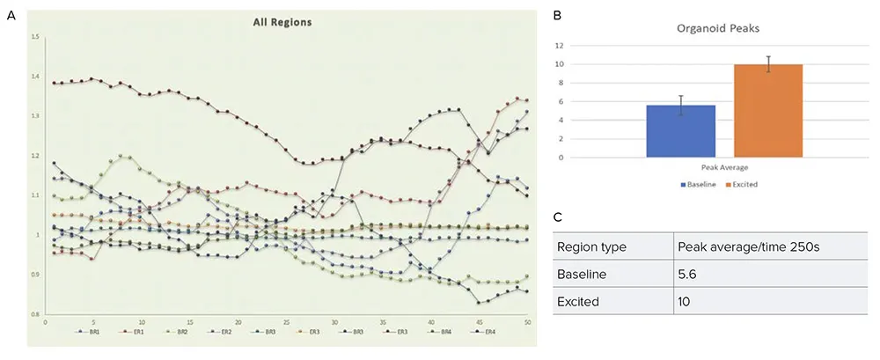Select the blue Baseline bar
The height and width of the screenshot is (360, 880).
coord(681,131)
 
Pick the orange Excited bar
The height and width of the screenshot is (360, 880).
coord(767,111)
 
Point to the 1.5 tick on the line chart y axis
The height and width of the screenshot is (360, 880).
coord(35,37)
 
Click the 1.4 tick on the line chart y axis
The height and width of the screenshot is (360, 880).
coord(35,77)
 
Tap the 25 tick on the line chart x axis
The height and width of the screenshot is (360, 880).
coord(286,322)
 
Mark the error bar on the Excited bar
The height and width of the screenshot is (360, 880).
coord(767,64)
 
